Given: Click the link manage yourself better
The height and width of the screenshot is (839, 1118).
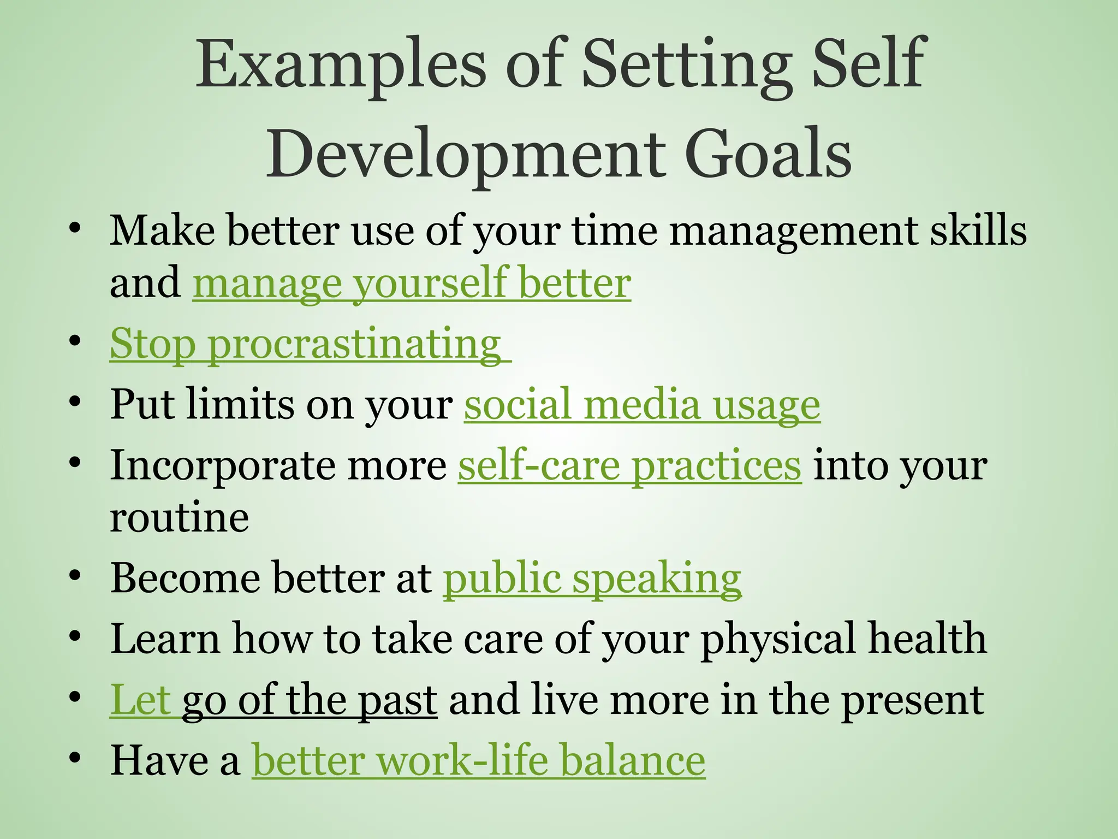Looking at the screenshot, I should (x=412, y=283).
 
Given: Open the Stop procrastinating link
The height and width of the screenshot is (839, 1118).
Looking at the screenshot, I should (x=306, y=344).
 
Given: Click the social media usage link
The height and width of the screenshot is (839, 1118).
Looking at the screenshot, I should (x=642, y=405).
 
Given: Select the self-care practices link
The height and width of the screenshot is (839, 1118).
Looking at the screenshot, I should (x=629, y=466).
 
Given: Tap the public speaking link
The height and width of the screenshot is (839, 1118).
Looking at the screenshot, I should (x=592, y=578).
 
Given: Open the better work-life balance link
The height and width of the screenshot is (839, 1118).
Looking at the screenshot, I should (x=478, y=761).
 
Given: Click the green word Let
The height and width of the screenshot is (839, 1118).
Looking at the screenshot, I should (x=141, y=700).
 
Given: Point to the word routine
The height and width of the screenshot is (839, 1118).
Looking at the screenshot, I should (x=180, y=518).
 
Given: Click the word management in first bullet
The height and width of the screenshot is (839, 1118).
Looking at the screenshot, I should (x=793, y=231).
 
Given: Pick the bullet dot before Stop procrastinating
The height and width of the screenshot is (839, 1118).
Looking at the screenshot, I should (x=75, y=342).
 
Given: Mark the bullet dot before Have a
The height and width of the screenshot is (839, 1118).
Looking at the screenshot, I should (x=75, y=758).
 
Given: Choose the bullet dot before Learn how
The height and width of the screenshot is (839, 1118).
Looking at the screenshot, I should (x=75, y=636).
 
